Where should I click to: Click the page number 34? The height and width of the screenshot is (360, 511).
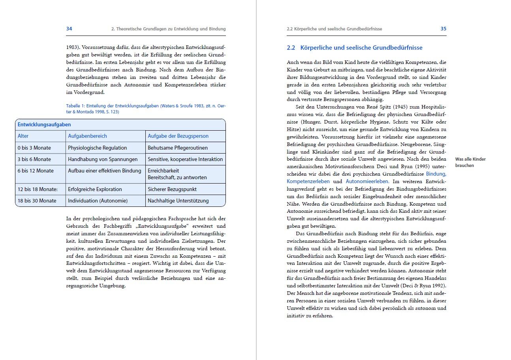coord(69,29)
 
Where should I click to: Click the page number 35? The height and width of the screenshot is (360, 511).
coord(443,29)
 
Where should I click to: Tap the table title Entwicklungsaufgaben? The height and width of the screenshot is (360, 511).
coord(44,125)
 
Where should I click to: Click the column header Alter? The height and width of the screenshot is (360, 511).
coord(23,136)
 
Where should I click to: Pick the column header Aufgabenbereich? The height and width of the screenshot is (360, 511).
coord(87,136)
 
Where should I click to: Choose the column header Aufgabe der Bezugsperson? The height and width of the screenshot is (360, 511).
coord(178,136)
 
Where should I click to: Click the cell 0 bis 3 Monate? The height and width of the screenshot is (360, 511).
coord(34,148)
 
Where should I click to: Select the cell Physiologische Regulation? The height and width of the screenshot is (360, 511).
coord(98,148)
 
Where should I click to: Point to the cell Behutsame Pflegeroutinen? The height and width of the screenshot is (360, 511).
coord(178,148)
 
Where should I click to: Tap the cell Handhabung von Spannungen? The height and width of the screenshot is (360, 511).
coord(103,159)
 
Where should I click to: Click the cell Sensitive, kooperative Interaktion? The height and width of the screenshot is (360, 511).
coord(185,159)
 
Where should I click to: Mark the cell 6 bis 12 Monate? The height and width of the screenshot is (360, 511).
coord(36,171)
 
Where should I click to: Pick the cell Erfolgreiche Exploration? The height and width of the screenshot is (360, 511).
coord(95,189)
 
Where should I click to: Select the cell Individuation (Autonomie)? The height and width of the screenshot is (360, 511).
coord(98,201)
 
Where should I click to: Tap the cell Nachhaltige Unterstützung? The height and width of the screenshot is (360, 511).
coord(178,201)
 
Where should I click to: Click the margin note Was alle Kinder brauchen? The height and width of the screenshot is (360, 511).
coord(470,162)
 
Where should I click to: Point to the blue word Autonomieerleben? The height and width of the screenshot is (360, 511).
coord(367,182)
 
